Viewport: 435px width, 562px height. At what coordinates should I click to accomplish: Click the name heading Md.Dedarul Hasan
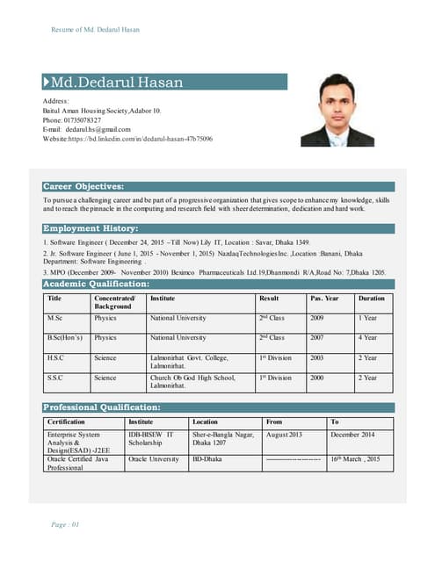tap(118, 83)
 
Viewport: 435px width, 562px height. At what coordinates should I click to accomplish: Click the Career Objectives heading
tap(83, 186)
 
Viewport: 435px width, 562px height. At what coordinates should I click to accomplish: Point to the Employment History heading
tap(91, 228)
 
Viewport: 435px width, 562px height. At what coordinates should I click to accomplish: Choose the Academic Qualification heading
tap(97, 284)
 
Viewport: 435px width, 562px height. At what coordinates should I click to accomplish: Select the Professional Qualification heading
tap(102, 407)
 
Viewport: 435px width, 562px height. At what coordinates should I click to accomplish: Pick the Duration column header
tap(371, 299)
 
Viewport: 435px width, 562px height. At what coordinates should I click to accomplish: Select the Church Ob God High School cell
tap(192, 382)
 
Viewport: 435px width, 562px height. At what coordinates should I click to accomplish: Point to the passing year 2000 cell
tap(317, 378)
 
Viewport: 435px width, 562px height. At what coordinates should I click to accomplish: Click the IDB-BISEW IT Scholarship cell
tap(151, 439)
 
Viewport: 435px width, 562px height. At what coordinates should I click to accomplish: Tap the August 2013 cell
tap(284, 435)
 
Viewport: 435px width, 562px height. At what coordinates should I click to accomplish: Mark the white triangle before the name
tap(46, 83)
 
